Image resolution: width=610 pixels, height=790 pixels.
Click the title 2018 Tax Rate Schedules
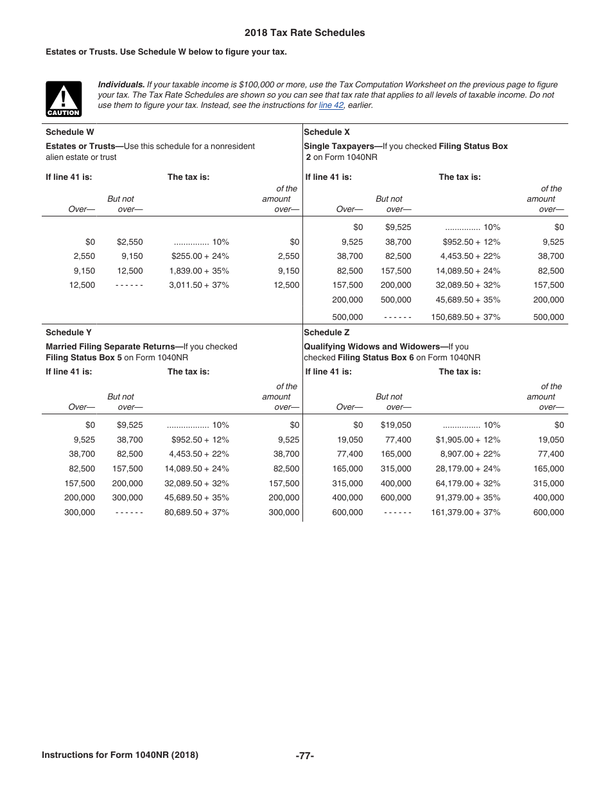[x=304, y=33]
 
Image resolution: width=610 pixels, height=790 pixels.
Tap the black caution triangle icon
[x=64, y=99]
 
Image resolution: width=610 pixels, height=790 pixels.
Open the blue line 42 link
[x=331, y=105]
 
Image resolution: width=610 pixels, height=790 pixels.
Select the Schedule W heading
[x=70, y=132]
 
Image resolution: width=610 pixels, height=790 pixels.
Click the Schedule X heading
[x=327, y=132]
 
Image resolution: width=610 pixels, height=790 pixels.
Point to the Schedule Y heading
[x=69, y=333]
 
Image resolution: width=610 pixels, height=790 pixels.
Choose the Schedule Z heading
[x=327, y=333]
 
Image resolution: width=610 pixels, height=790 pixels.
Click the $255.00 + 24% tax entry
[x=200, y=256]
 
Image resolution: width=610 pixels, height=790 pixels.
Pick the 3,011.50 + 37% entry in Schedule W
[x=199, y=285]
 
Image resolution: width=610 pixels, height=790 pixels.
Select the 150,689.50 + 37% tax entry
[x=466, y=317]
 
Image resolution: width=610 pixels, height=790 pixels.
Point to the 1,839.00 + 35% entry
[x=199, y=271]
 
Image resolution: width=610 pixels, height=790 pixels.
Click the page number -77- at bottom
[x=305, y=756]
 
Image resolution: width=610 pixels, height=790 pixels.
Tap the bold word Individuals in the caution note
[x=121, y=85]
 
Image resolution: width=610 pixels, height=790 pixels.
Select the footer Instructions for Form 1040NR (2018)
[x=120, y=755]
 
